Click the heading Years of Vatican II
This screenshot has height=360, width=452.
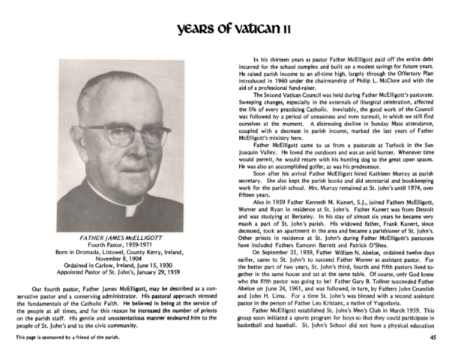(x=226, y=28)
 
